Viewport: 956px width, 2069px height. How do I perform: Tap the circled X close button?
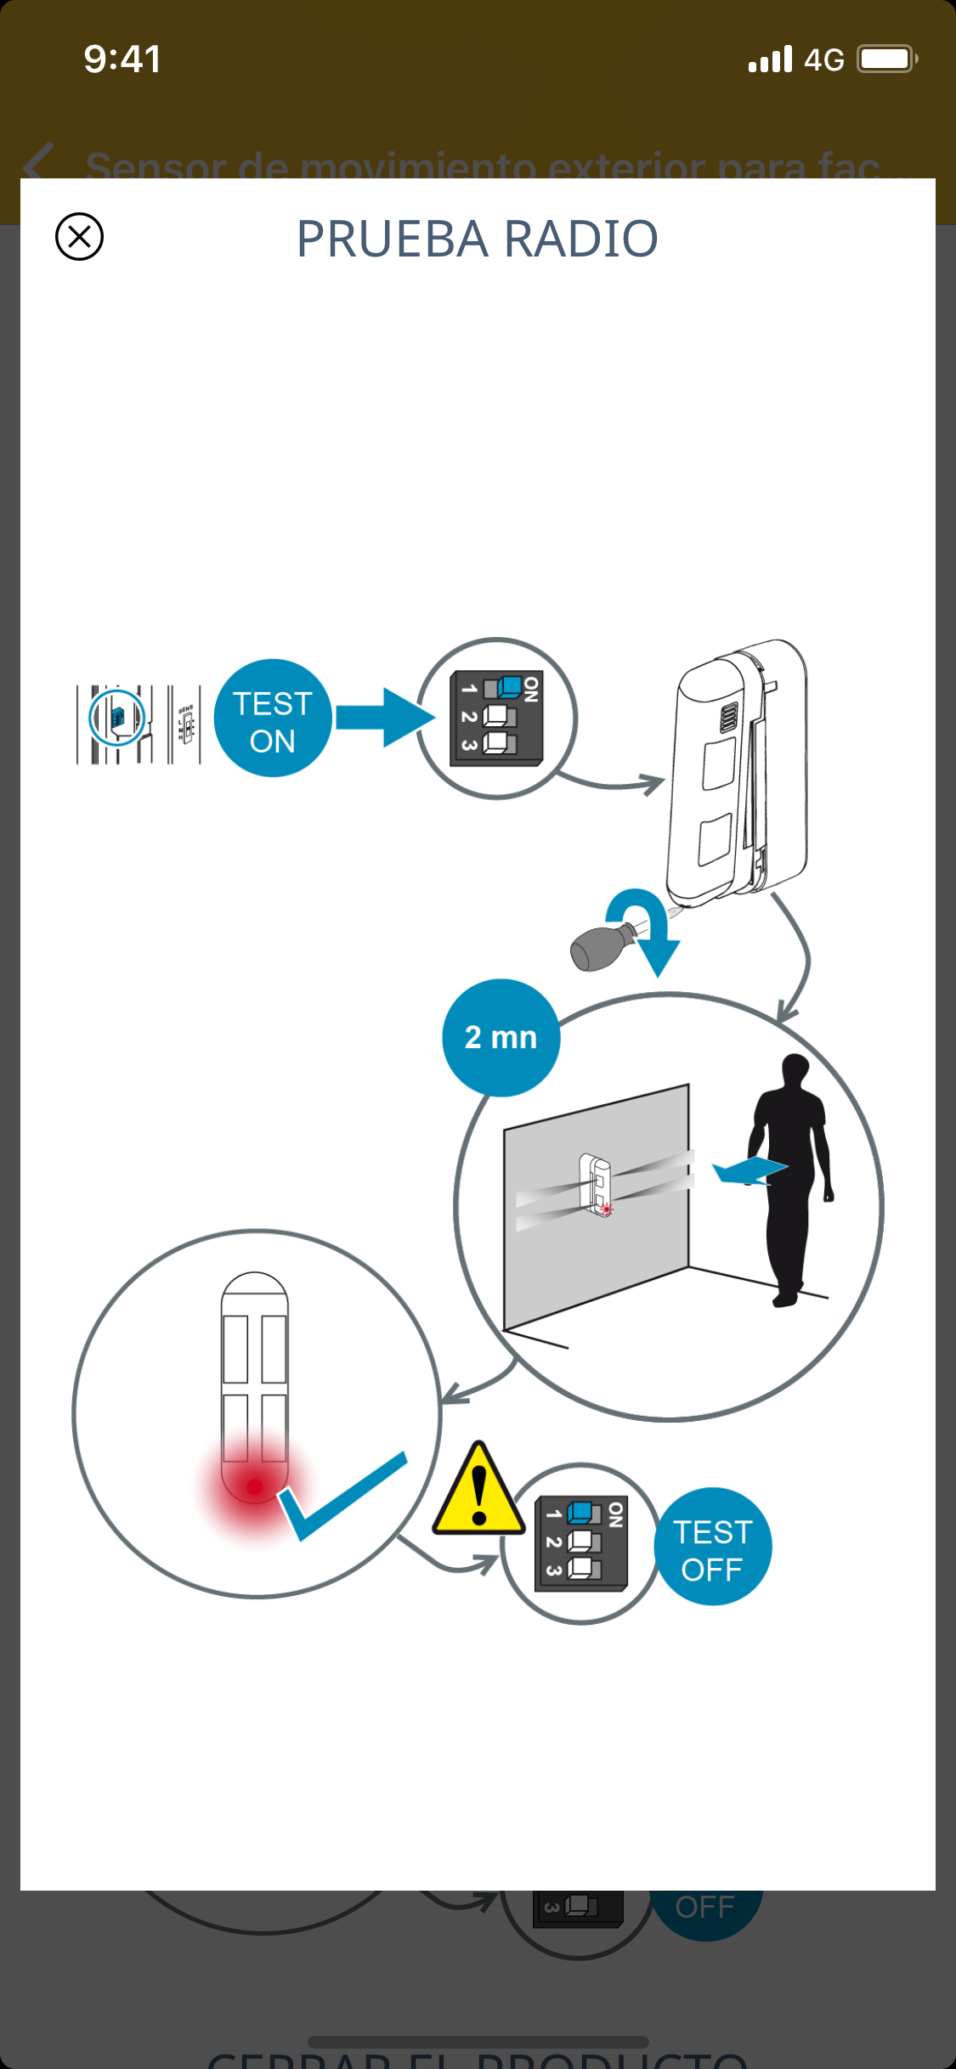[79, 236]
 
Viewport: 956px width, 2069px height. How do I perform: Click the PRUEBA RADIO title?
[477, 239]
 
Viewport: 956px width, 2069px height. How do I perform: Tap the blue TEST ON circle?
[273, 719]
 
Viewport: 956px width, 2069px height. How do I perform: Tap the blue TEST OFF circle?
[712, 1547]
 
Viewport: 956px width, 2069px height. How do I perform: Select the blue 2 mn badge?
[501, 1037]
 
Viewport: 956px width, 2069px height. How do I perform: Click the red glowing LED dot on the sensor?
[254, 1486]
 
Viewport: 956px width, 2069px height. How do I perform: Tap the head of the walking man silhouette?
[795, 1068]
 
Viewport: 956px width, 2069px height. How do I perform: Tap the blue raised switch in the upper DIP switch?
[509, 685]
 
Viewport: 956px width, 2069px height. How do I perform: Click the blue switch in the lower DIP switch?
[580, 1513]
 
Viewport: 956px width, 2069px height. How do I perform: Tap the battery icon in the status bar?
[886, 59]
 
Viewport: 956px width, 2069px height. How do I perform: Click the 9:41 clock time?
[122, 59]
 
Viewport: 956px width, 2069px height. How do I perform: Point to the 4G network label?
[823, 60]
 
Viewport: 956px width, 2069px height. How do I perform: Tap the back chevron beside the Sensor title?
[39, 162]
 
